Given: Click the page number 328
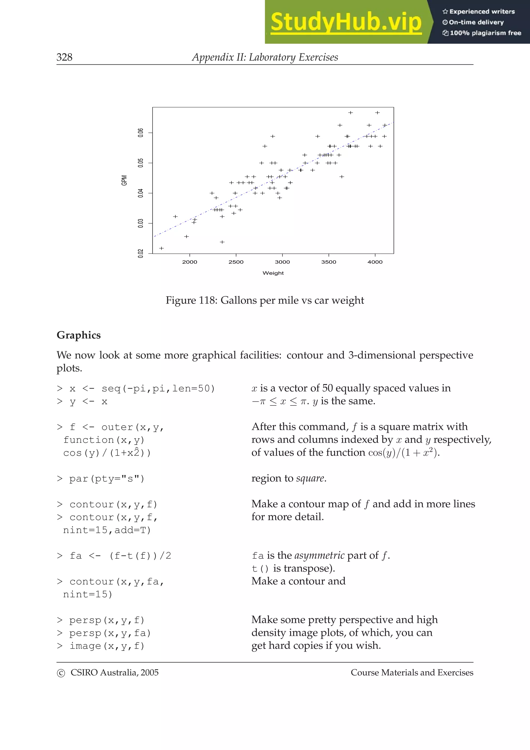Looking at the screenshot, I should click(x=64, y=57).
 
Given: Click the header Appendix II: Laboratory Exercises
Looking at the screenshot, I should click(x=265, y=57).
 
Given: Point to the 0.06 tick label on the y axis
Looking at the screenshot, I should click(x=141, y=133).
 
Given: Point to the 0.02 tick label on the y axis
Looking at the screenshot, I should click(x=141, y=253).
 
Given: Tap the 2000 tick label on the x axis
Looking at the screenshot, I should click(x=189, y=262).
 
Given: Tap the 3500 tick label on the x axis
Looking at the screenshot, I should click(x=328, y=262).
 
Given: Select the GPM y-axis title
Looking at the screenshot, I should click(x=124, y=180).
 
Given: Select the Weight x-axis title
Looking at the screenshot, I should click(x=273, y=273).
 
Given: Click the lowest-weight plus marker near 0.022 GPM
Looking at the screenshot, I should click(x=161, y=248).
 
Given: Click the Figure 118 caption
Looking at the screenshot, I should click(x=264, y=300).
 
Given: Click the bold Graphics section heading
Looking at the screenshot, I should click(x=79, y=335).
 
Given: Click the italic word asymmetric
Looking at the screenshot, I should click(x=319, y=555).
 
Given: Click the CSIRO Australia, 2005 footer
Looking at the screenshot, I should click(x=108, y=673).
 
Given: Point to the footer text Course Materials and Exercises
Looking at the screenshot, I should click(x=412, y=673).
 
